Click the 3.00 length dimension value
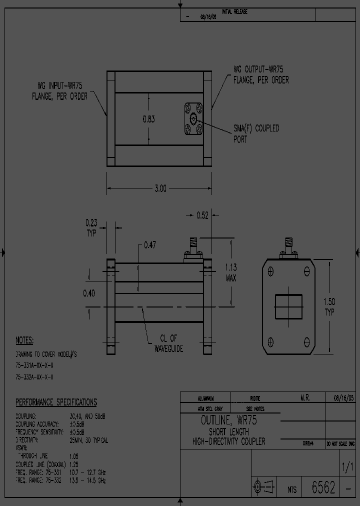click(x=160, y=188)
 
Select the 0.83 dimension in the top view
click(x=149, y=119)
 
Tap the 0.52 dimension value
click(x=202, y=215)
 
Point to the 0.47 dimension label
click(x=150, y=245)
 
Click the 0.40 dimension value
click(x=89, y=293)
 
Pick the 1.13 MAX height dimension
click(x=230, y=272)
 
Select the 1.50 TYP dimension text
click(x=329, y=307)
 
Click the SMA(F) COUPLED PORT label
click(x=256, y=133)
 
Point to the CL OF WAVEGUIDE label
click(x=167, y=343)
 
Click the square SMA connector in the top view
click(x=193, y=119)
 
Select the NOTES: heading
click(x=24, y=340)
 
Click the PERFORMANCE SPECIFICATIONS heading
click(x=56, y=402)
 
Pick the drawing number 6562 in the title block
click(x=323, y=488)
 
